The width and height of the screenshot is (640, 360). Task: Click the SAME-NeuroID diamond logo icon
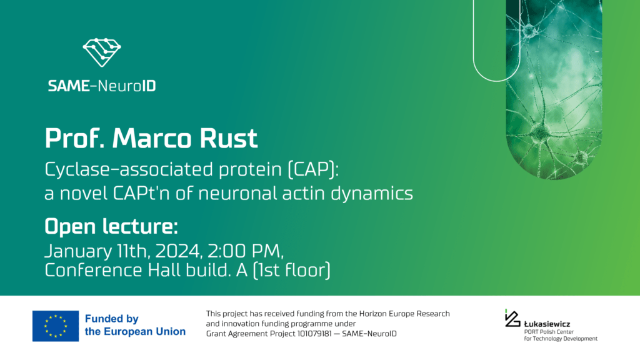point(102,52)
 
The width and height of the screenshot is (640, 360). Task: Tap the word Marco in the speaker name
point(151,138)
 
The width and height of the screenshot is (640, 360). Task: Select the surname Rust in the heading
point(229,138)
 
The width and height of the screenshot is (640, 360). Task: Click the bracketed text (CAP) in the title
point(313,169)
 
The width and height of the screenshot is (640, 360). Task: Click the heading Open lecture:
point(111,226)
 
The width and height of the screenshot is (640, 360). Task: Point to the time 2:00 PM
point(245,251)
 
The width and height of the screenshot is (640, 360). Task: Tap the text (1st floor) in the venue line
point(291,270)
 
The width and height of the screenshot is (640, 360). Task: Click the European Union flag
point(56,326)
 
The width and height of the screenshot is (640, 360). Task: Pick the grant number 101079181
point(315,334)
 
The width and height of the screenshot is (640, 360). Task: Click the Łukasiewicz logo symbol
point(512,318)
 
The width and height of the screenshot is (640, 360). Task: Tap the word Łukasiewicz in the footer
point(547,324)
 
